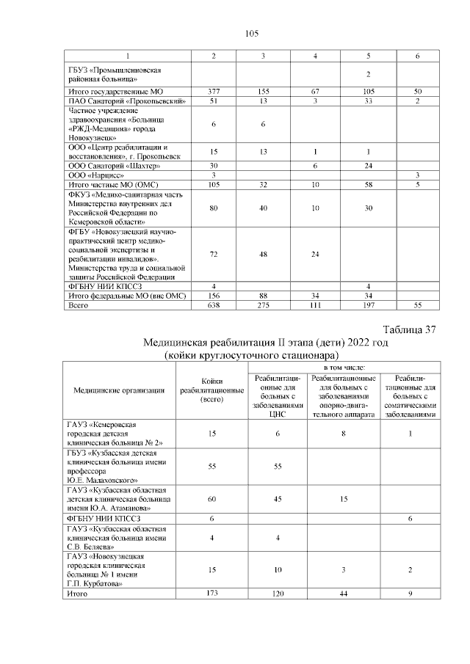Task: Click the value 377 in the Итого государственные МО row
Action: click(213, 90)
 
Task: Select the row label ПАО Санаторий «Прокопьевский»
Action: click(126, 100)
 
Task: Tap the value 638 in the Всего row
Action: click(213, 304)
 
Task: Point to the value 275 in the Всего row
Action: click(264, 304)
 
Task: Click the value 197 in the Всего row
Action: click(367, 304)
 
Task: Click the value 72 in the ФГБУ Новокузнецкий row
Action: click(213, 254)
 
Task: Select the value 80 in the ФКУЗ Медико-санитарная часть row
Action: click(213, 208)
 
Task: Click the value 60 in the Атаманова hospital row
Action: click(212, 498)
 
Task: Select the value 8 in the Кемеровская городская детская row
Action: click(343, 434)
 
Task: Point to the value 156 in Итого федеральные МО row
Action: click(213, 295)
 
